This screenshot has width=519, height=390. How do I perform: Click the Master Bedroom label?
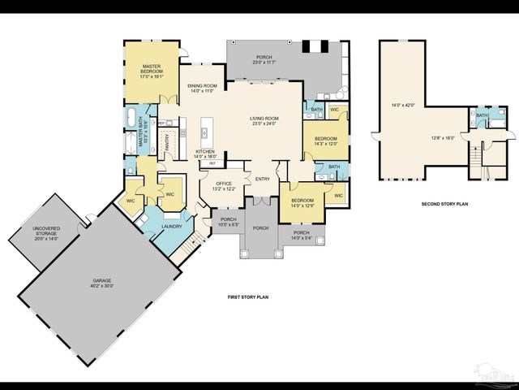tap(152, 69)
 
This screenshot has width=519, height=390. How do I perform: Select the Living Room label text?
tap(264, 121)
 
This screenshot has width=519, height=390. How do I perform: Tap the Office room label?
tap(224, 186)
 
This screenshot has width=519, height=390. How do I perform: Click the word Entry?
tap(263, 179)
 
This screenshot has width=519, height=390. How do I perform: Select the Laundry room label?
tap(171, 227)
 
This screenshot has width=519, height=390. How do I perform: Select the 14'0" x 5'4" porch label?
tap(302, 235)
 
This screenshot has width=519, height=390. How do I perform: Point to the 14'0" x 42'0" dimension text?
tap(403, 105)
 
